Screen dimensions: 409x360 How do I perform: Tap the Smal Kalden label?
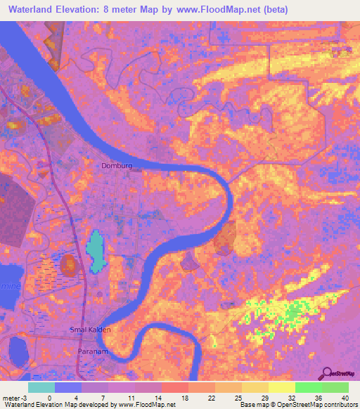[x=91, y=329]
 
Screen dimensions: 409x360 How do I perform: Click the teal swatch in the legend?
[x=41, y=387]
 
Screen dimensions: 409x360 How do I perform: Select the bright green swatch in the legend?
[x=309, y=387]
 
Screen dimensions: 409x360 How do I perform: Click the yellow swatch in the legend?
[x=281, y=387]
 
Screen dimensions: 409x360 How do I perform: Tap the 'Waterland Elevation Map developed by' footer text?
[x=50, y=405]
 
